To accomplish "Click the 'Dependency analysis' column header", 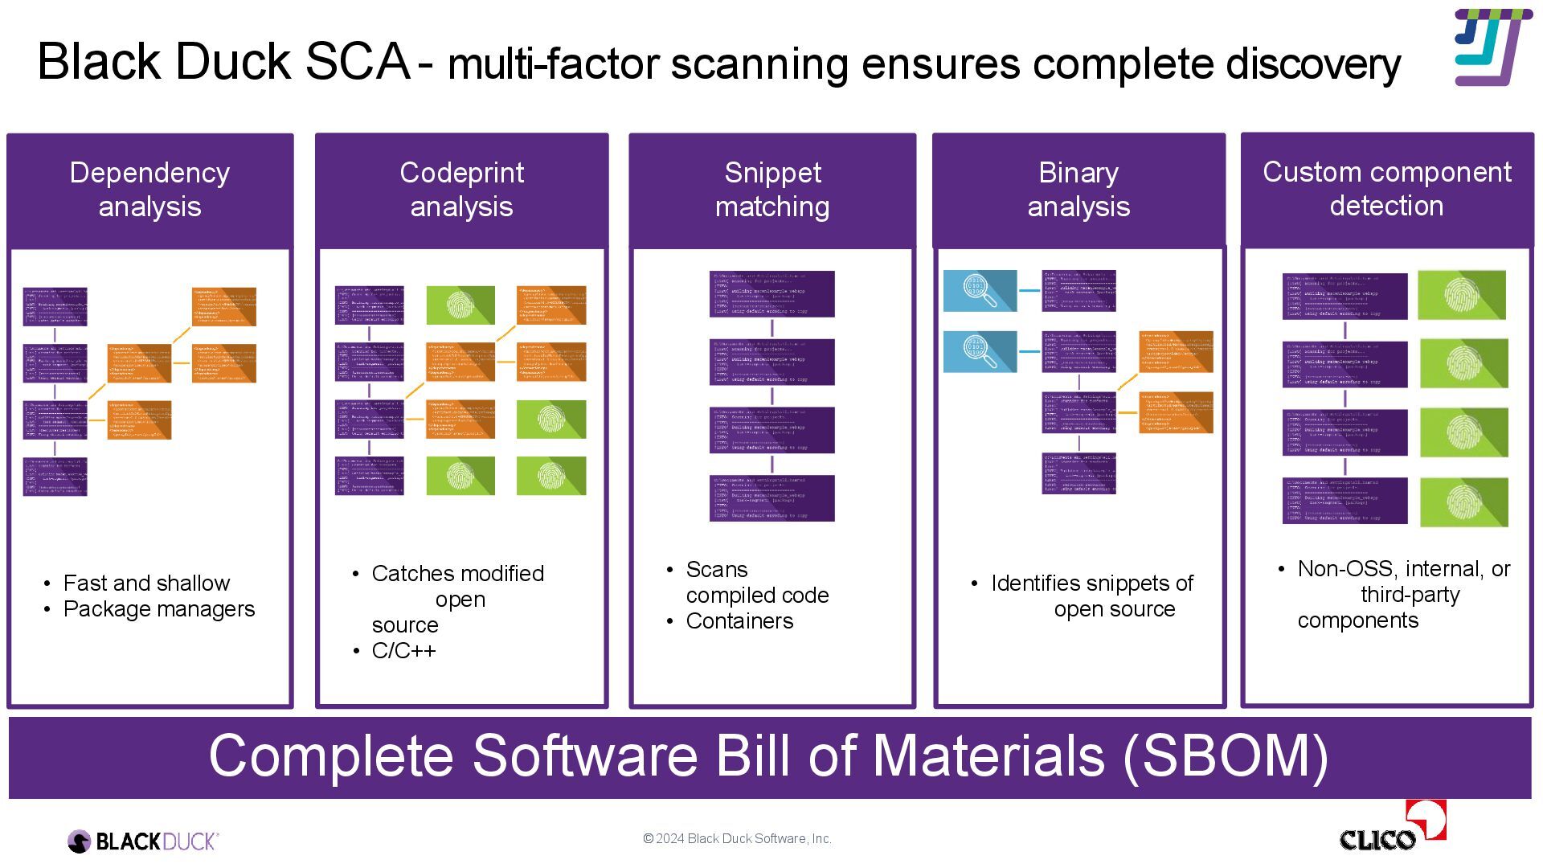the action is pos(149,190).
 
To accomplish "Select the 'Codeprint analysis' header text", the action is pos(461,190).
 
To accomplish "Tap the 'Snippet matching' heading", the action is pos(772,190).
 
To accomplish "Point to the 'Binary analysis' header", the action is pos(1078,190).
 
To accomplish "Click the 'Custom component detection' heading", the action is pos(1386,189).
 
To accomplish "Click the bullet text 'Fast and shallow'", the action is pos(146,583).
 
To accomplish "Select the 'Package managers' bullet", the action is pos(159,609).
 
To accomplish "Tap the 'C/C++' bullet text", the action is pos(403,650).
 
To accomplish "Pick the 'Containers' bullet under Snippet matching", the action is pos(739,621).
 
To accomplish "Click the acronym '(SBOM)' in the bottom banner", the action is pos(1225,755).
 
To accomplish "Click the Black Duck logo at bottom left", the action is pos(143,841).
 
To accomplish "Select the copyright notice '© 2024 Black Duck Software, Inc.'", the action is pos(737,838).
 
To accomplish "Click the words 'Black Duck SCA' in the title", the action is pos(224,61).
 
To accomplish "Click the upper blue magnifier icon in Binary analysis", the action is pos(980,291).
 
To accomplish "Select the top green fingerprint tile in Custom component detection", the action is pos(1461,295).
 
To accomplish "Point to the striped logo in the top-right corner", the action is pos(1488,47).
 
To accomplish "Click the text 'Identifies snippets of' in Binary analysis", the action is pos(1091,583).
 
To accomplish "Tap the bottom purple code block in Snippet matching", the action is pos(771,498).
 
